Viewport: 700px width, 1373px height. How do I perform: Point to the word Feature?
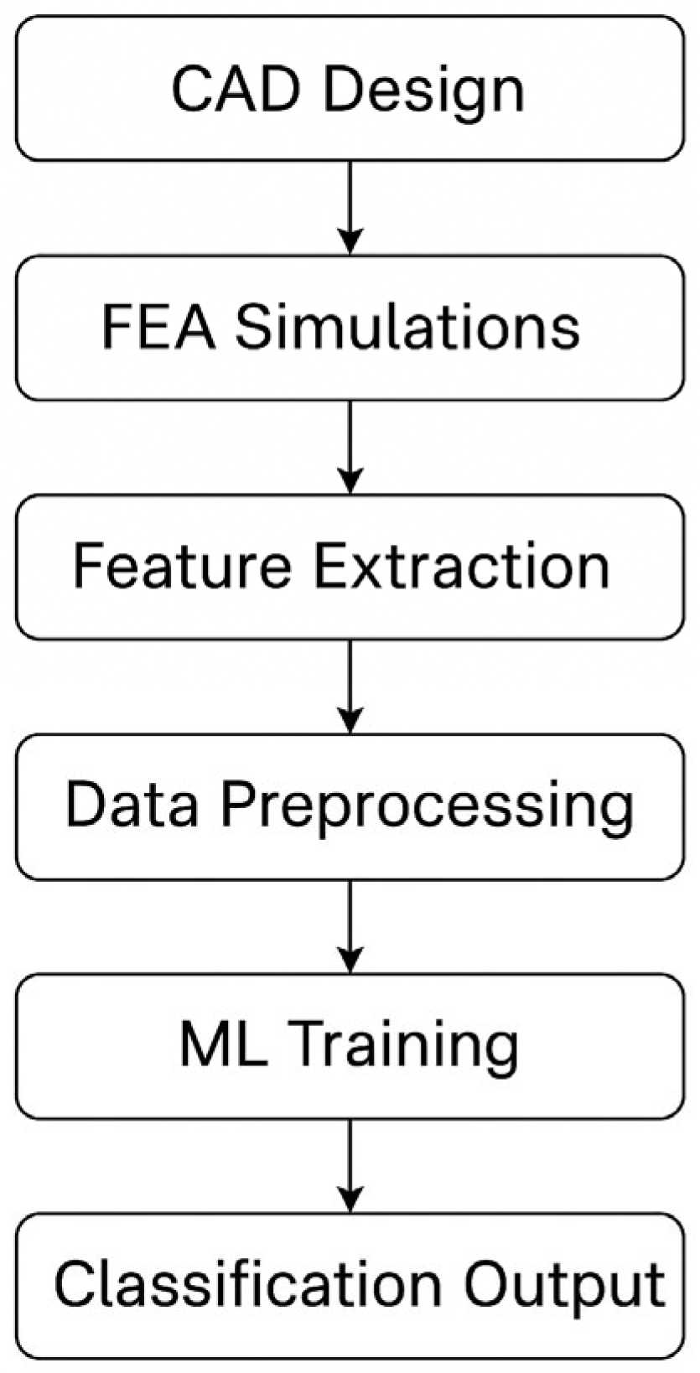(183, 566)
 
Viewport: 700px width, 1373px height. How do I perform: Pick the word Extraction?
(462, 566)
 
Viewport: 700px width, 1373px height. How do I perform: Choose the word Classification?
(247, 1284)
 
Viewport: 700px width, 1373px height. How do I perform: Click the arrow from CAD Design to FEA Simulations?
(350, 205)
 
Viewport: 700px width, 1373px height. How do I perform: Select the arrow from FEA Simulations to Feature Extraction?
(350, 444)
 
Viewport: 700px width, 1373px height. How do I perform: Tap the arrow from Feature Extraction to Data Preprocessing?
(350, 683)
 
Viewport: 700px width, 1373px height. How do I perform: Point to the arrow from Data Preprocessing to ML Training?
(350, 922)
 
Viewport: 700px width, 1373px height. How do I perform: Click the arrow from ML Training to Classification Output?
(350, 1163)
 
